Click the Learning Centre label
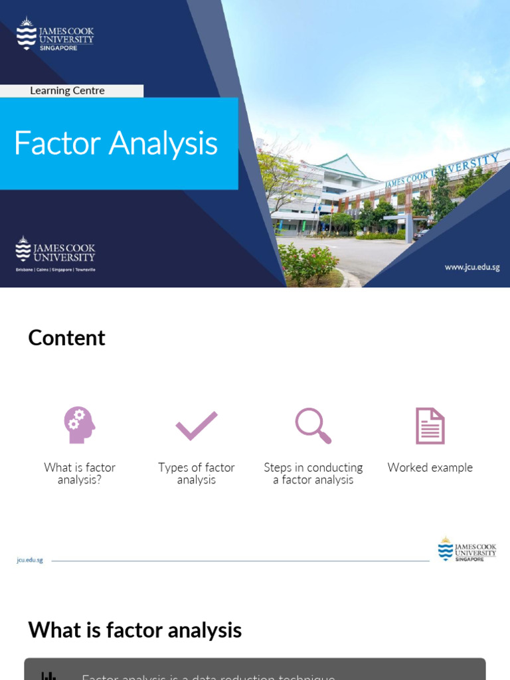(67, 91)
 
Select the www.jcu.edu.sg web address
(471, 267)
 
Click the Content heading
(66, 338)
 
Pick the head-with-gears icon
(79, 425)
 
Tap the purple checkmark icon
(197, 426)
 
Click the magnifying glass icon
(313, 426)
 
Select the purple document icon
(430, 426)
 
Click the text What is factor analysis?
(80, 473)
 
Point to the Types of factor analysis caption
(197, 473)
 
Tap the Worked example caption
(430, 467)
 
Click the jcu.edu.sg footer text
(30, 560)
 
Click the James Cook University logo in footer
(467, 550)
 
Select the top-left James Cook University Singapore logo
(55, 35)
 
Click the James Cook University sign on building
(442, 171)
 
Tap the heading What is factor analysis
(135, 630)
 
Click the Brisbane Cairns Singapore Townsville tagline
(56, 270)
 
